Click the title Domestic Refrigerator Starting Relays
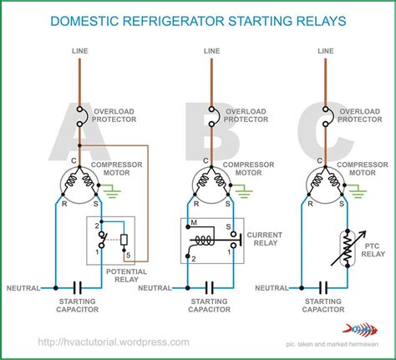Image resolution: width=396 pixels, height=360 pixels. pos(197,18)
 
